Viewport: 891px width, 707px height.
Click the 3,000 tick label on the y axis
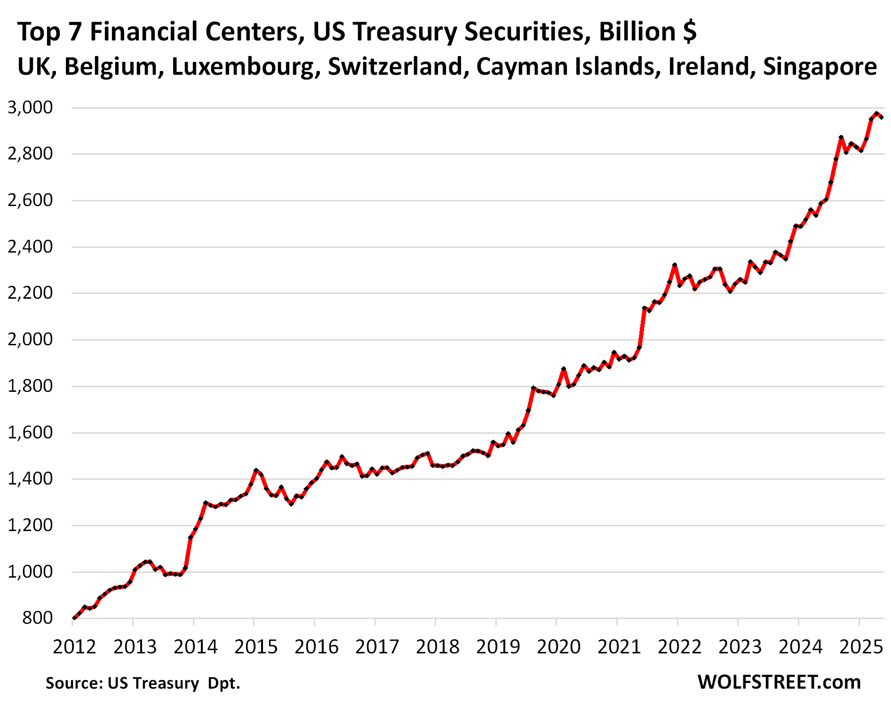[30, 108]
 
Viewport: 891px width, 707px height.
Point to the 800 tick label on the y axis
[38, 618]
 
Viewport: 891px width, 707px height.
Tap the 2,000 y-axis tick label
[30, 340]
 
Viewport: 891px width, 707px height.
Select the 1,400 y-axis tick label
[30, 479]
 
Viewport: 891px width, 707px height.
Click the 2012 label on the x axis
[74, 647]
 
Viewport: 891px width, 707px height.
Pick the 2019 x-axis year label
[498, 647]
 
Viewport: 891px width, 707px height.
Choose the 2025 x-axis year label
[861, 647]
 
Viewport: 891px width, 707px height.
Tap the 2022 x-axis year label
[679, 647]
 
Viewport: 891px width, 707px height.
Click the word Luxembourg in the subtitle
[243, 67]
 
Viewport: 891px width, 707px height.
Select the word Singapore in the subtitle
[819, 67]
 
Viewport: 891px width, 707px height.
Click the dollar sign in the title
[690, 32]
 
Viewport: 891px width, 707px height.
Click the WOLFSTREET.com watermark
[779, 682]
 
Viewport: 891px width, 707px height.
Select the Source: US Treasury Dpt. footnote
[143, 683]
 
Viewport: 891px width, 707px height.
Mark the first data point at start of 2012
[74, 618]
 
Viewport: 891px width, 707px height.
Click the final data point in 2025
[881, 117]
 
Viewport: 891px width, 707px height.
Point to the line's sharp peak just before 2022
[674, 265]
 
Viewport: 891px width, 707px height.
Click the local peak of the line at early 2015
[256, 470]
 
